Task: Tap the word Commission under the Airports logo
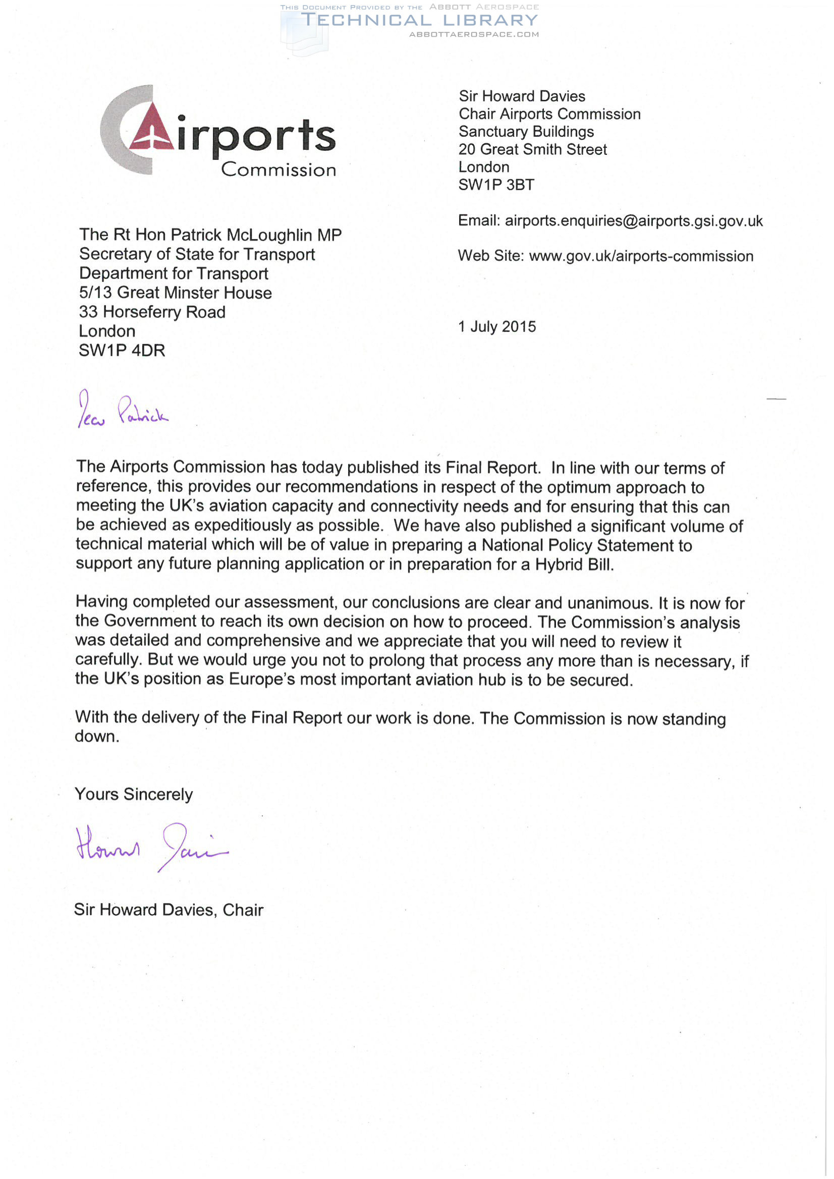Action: click(x=279, y=170)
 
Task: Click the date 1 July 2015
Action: click(x=496, y=326)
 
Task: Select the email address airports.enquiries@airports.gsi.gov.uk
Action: click(x=634, y=221)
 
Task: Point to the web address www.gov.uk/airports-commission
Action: click(x=641, y=256)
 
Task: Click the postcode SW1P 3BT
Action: click(x=496, y=185)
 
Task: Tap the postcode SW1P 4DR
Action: click(x=122, y=350)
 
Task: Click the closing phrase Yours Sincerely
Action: click(x=134, y=794)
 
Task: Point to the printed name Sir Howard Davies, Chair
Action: click(x=169, y=910)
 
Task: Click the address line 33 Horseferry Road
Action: click(x=152, y=312)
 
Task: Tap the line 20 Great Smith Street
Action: click(x=533, y=149)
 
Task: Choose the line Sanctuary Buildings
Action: click(x=526, y=132)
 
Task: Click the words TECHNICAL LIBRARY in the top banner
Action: click(x=419, y=21)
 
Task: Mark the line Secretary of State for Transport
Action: click(x=197, y=254)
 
